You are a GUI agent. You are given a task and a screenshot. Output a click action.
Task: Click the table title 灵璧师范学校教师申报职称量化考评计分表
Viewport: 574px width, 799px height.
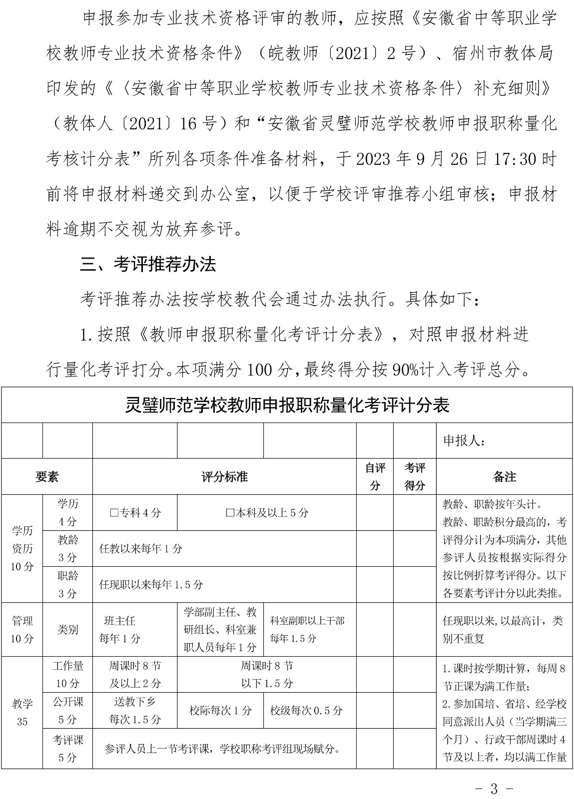(287, 405)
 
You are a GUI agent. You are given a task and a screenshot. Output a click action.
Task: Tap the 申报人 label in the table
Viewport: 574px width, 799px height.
(464, 441)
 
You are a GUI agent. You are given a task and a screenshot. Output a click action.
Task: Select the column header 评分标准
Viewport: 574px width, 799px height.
(224, 477)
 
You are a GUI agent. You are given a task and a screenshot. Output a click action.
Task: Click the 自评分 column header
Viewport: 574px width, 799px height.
(375, 476)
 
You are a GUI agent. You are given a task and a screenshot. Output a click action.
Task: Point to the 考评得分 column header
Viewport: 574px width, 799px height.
(415, 476)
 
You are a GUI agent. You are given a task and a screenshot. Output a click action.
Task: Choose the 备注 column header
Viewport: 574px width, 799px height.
(504, 477)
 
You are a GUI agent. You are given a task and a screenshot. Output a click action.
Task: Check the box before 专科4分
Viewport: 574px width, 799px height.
(113, 513)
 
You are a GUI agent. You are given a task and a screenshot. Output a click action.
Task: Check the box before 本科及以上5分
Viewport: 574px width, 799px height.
(230, 513)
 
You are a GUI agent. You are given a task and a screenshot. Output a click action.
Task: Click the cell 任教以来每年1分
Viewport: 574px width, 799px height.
(141, 549)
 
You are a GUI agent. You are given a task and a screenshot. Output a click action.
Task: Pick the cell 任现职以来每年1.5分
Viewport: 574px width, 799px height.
(151, 584)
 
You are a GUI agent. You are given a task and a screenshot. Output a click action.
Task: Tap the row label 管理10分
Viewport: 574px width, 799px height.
(22, 630)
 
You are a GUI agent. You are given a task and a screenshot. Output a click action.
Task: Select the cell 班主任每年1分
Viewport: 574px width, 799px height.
(120, 630)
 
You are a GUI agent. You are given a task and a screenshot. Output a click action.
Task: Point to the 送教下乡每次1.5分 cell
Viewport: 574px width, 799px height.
(135, 710)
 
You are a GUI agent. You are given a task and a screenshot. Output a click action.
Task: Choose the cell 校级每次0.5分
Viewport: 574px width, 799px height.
(306, 710)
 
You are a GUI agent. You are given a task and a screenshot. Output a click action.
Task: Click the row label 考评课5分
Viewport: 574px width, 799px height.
(67, 748)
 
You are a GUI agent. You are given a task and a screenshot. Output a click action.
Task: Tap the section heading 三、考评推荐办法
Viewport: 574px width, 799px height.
(148, 264)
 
